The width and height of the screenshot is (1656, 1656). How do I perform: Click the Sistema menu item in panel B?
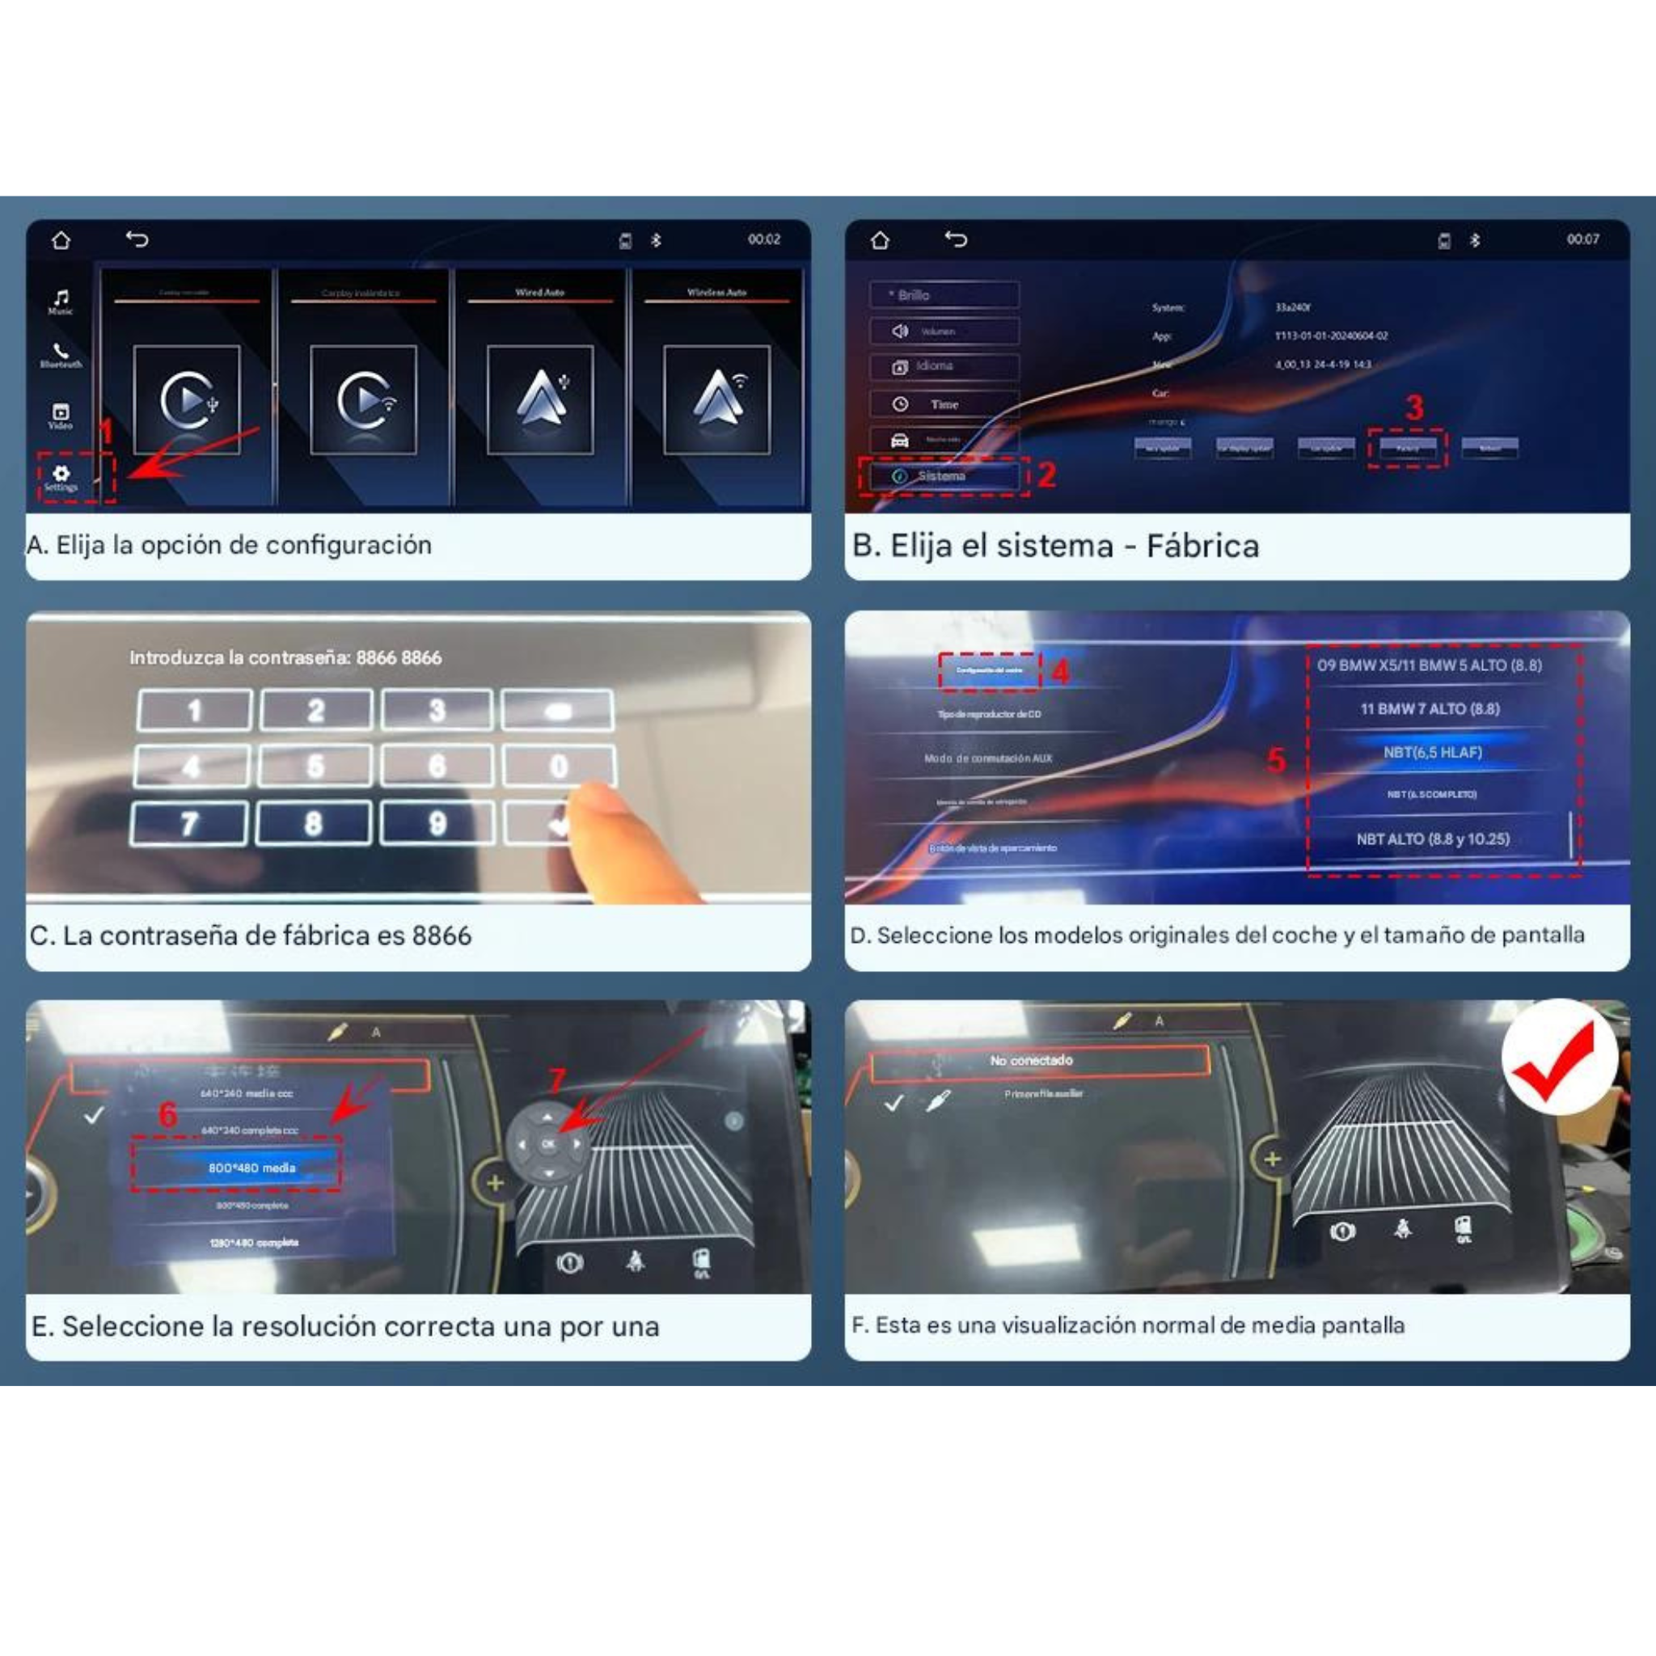(x=941, y=475)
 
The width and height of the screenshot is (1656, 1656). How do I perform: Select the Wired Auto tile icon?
(x=540, y=399)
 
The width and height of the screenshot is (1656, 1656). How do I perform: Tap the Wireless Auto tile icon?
(x=716, y=399)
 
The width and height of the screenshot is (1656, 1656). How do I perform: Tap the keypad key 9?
(x=437, y=824)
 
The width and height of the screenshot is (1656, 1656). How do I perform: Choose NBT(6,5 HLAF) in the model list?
(x=1432, y=753)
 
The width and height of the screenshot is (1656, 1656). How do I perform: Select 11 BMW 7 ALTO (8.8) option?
(x=1430, y=709)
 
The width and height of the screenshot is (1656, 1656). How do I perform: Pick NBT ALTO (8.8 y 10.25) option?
(x=1432, y=839)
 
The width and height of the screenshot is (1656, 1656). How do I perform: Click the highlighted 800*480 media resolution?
(x=251, y=1168)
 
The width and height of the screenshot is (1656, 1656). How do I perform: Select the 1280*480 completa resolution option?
(x=254, y=1243)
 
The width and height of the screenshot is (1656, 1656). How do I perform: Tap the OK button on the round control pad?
(x=548, y=1143)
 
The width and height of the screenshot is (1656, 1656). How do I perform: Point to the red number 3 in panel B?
(x=1414, y=408)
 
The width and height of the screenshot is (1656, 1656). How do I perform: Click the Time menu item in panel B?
(x=944, y=404)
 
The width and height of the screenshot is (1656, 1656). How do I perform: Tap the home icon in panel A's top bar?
(x=61, y=241)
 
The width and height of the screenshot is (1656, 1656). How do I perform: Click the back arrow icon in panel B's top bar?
(x=956, y=239)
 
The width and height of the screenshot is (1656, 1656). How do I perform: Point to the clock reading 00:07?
(x=1582, y=239)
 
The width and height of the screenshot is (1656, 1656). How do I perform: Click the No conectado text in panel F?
(x=1031, y=1060)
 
